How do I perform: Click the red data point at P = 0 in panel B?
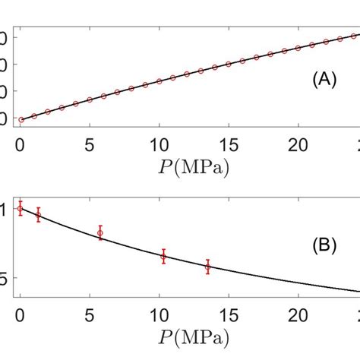point(21,208)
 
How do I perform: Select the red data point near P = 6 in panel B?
point(100,232)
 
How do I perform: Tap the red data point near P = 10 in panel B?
point(163,257)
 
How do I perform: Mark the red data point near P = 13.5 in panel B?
point(208,267)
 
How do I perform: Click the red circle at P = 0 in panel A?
point(21,119)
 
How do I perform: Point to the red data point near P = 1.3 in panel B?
point(38,215)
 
